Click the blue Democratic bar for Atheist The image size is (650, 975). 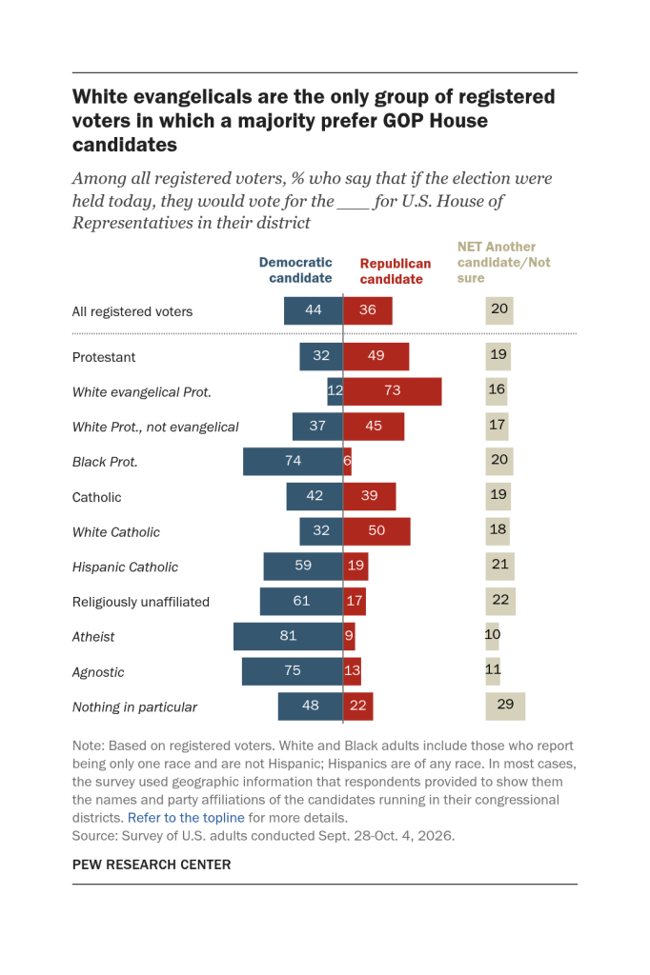(x=288, y=636)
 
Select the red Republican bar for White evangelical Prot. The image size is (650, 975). (x=393, y=391)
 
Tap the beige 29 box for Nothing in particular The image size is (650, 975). (x=505, y=706)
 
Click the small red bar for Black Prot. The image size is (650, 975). (x=348, y=462)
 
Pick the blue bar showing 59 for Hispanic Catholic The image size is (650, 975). (x=303, y=567)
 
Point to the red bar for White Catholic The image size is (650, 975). (x=376, y=531)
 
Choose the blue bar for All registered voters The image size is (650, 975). (x=314, y=310)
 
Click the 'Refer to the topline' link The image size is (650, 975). (x=186, y=818)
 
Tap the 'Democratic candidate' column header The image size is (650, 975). (x=295, y=270)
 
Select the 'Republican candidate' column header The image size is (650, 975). (x=396, y=271)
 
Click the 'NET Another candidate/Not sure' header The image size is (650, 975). (x=503, y=263)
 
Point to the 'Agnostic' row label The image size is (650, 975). (x=98, y=672)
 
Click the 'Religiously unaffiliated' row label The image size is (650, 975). (x=141, y=602)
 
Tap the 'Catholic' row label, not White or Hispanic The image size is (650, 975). (x=96, y=497)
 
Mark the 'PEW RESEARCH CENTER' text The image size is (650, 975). (x=152, y=865)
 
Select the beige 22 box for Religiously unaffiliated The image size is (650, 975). (x=500, y=601)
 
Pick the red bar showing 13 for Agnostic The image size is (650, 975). (x=352, y=671)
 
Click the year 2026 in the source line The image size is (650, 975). (x=436, y=836)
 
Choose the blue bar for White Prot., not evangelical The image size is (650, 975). (x=317, y=427)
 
